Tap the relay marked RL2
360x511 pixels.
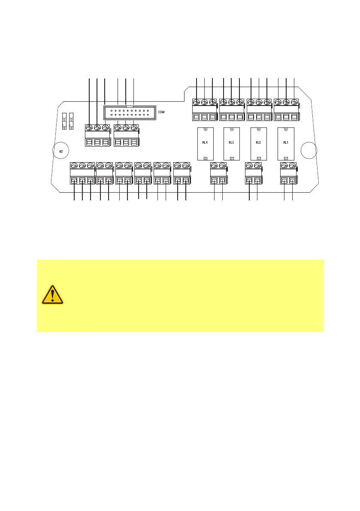tap(258, 144)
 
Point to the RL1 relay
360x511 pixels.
tap(286, 144)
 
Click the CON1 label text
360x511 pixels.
tap(161, 112)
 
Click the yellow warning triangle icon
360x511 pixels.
tap(52, 295)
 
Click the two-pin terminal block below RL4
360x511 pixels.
tap(218, 174)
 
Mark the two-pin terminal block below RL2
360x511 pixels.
tap(253, 174)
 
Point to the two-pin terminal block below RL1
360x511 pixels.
tap(288, 174)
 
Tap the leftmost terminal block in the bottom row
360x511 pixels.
tap(82, 174)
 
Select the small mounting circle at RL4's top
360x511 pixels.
tap(206, 130)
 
